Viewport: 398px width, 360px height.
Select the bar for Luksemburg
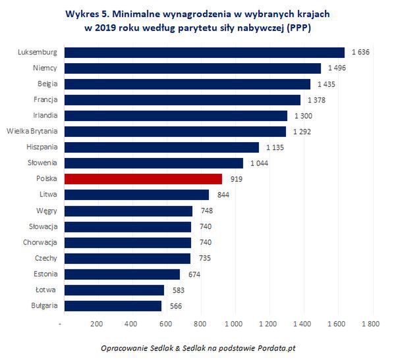pyautogui.click(x=203, y=52)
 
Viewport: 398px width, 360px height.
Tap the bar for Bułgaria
pyautogui.click(x=111, y=305)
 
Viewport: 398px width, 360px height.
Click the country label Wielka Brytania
pyautogui.click(x=32, y=131)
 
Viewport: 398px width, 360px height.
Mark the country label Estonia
pyautogui.click(x=44, y=274)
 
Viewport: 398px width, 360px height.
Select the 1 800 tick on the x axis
pyautogui.click(x=372, y=324)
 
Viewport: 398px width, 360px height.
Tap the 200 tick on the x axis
pyautogui.click(x=96, y=324)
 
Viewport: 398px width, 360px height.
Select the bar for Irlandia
pyautogui.click(x=174, y=115)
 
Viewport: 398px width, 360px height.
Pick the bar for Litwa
pyautogui.click(x=135, y=194)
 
